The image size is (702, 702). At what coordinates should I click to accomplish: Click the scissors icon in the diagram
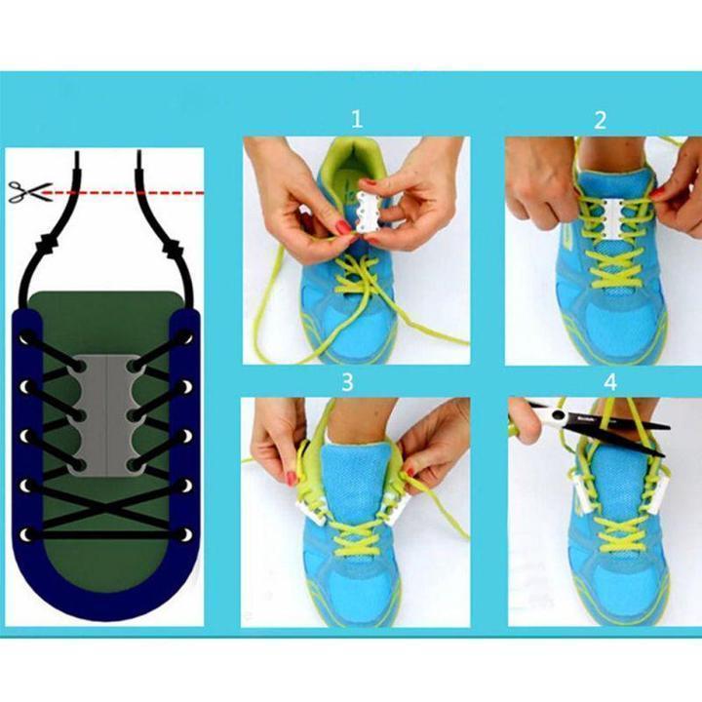(29, 192)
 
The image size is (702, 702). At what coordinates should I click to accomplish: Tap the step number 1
(357, 120)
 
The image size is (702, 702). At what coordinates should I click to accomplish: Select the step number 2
(600, 120)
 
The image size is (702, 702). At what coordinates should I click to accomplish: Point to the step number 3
(348, 382)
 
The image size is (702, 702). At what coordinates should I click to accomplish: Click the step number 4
(610, 382)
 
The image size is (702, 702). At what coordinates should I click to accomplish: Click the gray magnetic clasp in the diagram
(107, 415)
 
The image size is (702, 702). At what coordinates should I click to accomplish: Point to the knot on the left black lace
(49, 244)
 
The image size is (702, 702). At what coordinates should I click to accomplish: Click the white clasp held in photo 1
(368, 211)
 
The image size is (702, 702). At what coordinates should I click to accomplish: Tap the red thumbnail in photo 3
(292, 478)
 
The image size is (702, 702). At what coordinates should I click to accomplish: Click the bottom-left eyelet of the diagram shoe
(27, 535)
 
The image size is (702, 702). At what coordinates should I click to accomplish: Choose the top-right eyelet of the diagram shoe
(186, 336)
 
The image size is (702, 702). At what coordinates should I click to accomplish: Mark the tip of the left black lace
(77, 153)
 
